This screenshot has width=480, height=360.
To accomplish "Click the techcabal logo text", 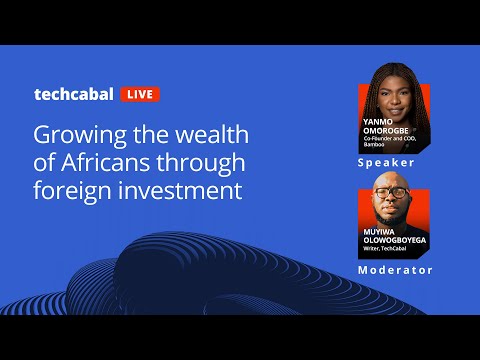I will coord(74,94).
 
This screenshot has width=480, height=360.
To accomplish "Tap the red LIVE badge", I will coord(139,95).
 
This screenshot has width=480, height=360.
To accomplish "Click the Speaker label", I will coord(385,161).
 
